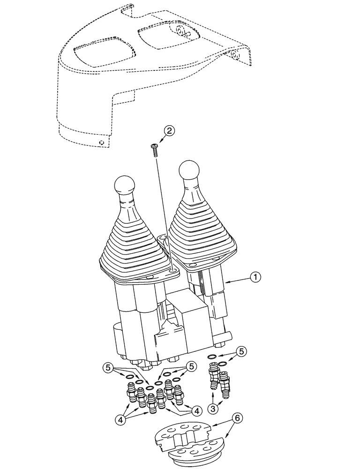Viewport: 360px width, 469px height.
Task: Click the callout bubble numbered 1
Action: pyautogui.click(x=255, y=278)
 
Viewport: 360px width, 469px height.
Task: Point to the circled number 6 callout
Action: pyautogui.click(x=239, y=419)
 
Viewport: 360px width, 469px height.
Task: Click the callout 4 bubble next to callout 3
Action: pyautogui.click(x=196, y=410)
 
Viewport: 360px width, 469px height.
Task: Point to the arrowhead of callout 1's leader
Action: pyautogui.click(x=226, y=282)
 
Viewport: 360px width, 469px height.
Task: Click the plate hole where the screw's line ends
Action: pyautogui.click(x=173, y=271)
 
